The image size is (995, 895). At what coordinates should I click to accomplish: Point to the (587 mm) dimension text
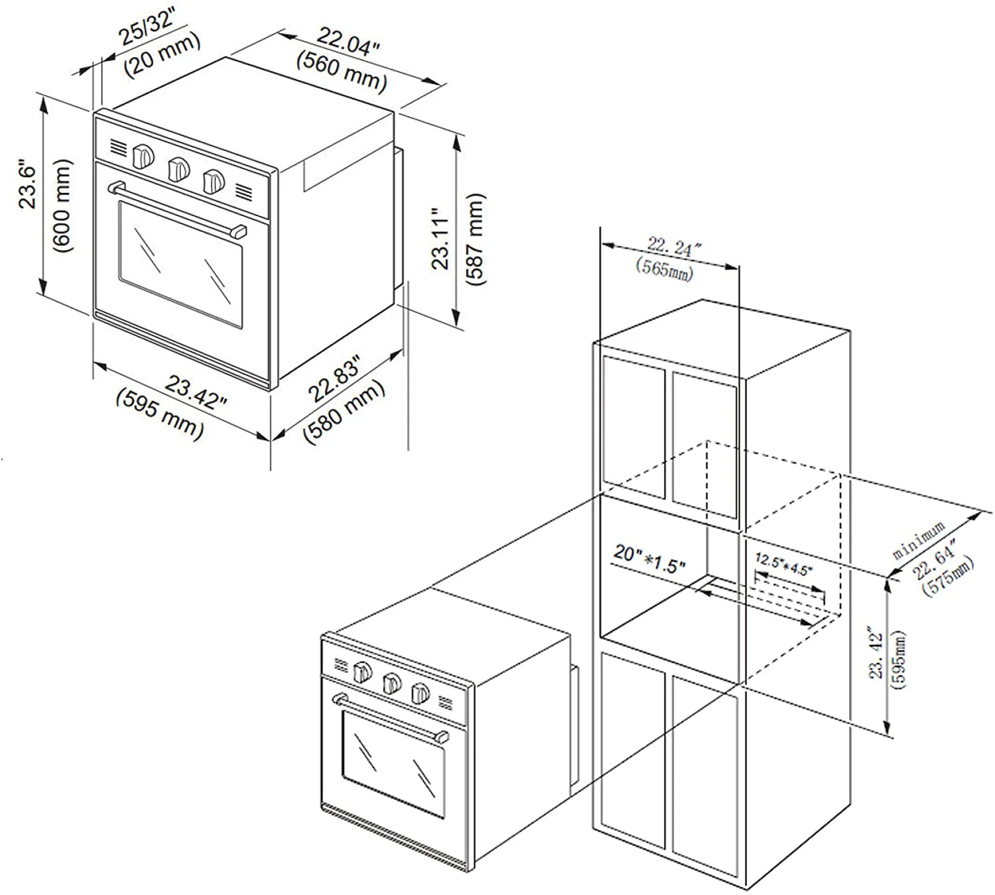(476, 239)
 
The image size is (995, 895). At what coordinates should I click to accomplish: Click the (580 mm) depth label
(344, 412)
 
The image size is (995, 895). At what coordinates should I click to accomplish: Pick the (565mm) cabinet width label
(664, 269)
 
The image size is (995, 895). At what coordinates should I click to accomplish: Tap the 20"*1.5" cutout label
(649, 560)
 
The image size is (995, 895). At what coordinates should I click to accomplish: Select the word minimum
(919, 540)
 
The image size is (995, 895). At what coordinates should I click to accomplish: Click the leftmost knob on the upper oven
(143, 156)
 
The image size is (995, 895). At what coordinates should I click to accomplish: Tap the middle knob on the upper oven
(178, 168)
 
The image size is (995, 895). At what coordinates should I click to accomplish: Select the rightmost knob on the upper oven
(213, 180)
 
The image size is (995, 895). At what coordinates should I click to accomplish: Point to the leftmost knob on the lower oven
(362, 672)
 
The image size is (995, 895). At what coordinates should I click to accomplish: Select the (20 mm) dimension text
(163, 56)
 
